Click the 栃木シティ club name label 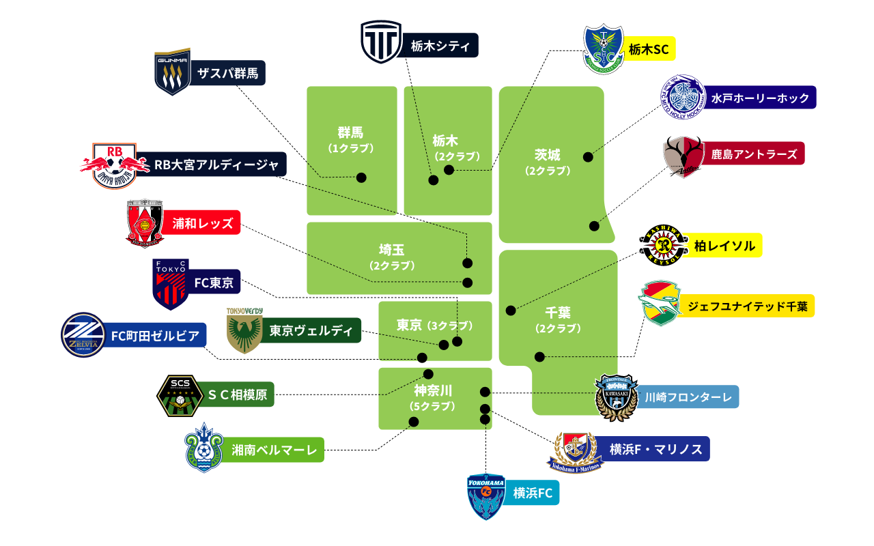[440, 46]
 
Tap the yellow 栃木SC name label [649, 49]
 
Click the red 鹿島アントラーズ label [754, 154]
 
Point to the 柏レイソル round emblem [662, 246]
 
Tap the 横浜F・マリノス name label [655, 449]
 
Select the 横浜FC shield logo [486, 496]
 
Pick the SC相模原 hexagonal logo [179, 394]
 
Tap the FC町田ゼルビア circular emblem [83, 335]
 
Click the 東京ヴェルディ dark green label [311, 330]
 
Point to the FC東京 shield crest [169, 283]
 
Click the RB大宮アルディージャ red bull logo [115, 165]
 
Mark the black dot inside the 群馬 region [361, 177]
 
